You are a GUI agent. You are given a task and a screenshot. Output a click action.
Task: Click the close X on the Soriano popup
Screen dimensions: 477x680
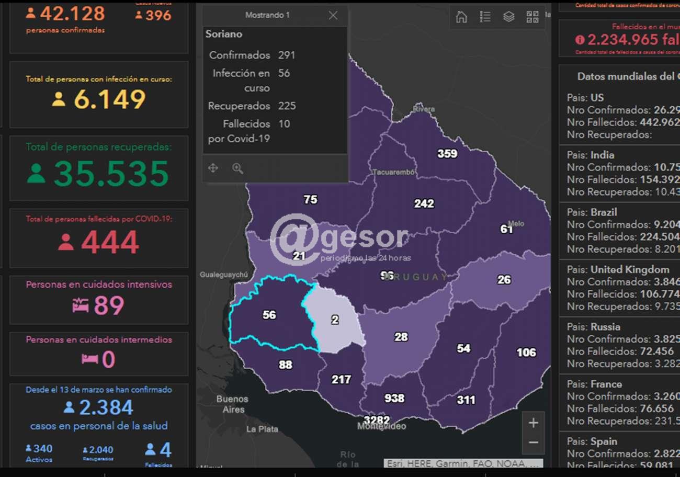point(333,16)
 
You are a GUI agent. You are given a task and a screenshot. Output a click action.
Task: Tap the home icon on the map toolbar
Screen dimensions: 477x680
point(461,17)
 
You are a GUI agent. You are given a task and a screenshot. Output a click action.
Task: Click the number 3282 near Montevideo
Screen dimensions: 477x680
point(377,420)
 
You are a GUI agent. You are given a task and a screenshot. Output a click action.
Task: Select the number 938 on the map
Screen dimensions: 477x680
point(394,399)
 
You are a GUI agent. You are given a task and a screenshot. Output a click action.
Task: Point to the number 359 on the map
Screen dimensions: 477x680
point(447,154)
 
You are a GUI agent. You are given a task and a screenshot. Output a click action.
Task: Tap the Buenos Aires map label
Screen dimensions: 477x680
point(233,404)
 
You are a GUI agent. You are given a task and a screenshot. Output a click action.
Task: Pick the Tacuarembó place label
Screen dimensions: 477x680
point(394,172)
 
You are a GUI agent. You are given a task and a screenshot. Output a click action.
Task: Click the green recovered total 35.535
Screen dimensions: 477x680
point(111,174)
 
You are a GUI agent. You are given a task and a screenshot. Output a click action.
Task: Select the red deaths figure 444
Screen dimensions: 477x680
point(110,242)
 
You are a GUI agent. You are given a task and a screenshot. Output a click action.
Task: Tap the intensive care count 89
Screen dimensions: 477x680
point(109,306)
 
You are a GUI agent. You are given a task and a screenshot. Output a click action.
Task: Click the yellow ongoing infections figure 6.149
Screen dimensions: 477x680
point(110,99)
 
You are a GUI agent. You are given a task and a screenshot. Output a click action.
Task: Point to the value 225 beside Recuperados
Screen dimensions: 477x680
point(287,106)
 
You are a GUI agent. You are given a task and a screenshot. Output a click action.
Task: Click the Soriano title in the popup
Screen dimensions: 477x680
point(224,34)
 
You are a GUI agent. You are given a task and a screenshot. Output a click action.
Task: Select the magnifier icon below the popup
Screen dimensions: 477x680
point(238,168)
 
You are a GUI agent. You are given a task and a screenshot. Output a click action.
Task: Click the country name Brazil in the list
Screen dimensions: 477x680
point(604,212)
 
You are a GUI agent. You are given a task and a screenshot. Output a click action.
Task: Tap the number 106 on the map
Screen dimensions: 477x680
point(526,353)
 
